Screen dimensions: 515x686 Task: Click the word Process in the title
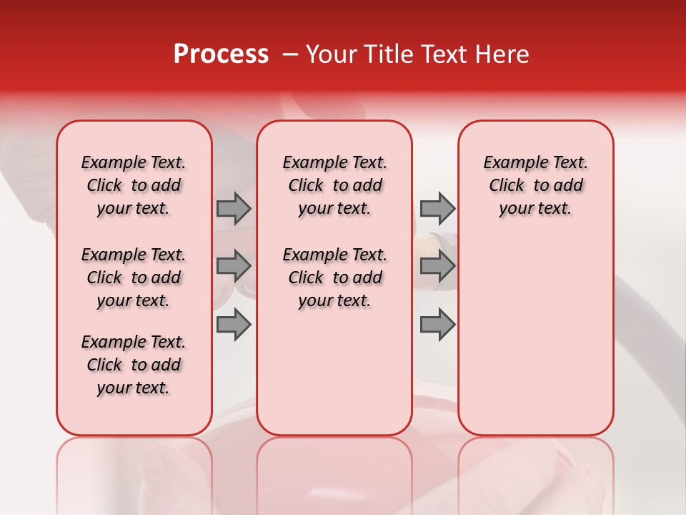[x=221, y=54]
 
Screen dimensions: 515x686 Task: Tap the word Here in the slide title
[x=500, y=54]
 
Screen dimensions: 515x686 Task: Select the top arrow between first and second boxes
[x=234, y=209]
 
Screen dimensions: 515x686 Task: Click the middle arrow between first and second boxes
[x=234, y=266]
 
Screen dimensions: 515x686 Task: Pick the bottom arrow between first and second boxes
[x=234, y=324]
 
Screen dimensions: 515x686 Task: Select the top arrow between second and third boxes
[x=437, y=209]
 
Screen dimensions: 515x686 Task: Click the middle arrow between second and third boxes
[x=437, y=266]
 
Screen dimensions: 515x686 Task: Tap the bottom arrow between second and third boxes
[x=437, y=324]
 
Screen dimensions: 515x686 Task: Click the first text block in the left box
[x=134, y=185]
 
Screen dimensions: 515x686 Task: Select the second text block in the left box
[x=134, y=278]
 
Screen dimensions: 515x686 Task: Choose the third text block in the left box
[x=134, y=365]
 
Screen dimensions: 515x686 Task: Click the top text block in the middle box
[x=334, y=185]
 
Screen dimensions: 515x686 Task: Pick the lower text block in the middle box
[x=334, y=278]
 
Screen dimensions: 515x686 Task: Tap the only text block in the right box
[x=535, y=185]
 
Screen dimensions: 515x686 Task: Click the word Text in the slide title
[x=439, y=54]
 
